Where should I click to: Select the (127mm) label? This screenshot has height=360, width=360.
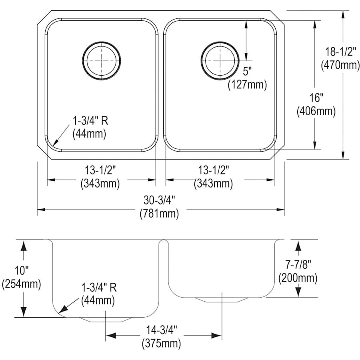(x=247, y=85)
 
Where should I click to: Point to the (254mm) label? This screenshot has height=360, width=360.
(x=22, y=284)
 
